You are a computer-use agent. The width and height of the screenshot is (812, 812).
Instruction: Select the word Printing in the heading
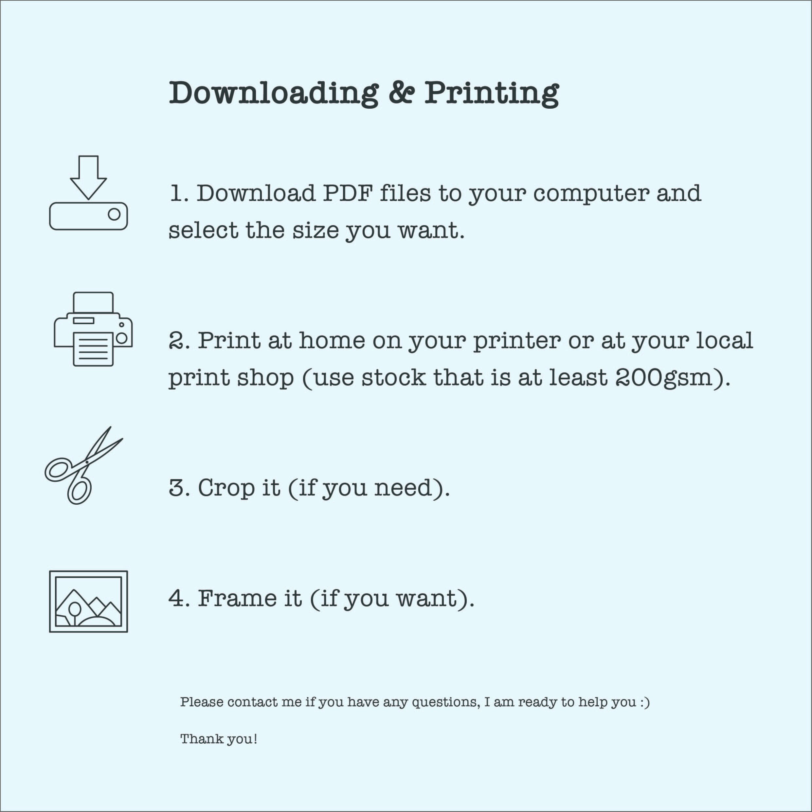(491, 93)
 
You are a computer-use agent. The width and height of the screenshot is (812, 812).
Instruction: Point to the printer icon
(93, 329)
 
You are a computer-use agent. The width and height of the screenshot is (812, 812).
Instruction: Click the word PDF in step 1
(348, 193)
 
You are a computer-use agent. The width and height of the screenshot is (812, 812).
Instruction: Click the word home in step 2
(332, 340)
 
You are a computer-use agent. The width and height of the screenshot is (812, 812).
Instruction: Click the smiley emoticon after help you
(645, 702)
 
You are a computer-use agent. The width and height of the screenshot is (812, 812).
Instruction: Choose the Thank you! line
(219, 739)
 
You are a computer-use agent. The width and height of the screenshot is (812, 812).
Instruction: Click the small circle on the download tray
(114, 214)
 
